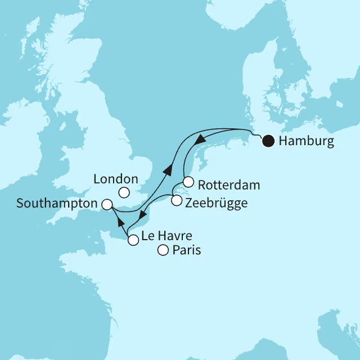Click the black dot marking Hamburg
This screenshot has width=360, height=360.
(x=269, y=141)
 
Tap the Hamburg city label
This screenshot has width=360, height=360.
(x=306, y=141)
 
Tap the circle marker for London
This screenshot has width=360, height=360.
(x=125, y=193)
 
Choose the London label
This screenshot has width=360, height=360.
(x=116, y=179)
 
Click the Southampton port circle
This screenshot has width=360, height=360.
(x=107, y=204)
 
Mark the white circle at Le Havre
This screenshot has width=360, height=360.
(x=133, y=241)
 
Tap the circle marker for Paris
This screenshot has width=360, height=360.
(x=163, y=251)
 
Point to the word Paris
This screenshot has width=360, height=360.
(x=186, y=250)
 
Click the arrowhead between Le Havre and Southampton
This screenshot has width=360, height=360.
(x=120, y=221)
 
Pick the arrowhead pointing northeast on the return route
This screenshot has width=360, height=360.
(x=167, y=169)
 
